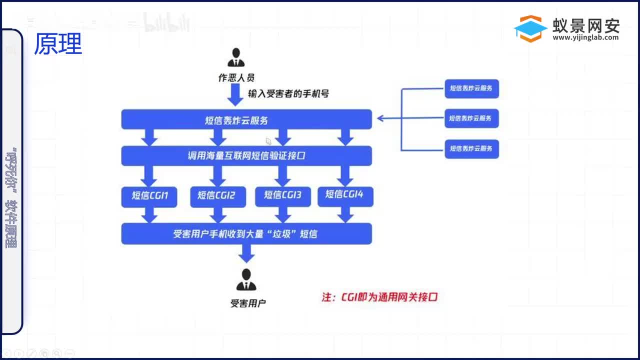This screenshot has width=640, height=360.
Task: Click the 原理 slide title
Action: click(58, 44)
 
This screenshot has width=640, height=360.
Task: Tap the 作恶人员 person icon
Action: click(236, 58)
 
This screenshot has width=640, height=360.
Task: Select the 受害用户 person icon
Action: click(246, 280)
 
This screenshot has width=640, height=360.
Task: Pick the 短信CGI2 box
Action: click(216, 195)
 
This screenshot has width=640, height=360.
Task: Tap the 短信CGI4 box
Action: click(345, 194)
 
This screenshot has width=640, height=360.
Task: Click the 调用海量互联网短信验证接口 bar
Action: click(246, 156)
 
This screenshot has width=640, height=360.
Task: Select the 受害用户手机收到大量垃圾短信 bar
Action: click(246, 233)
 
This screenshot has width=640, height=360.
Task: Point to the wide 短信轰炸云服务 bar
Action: click(246, 119)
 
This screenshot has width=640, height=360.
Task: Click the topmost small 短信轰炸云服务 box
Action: click(471, 88)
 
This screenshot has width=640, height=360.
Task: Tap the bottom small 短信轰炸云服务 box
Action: click(471, 148)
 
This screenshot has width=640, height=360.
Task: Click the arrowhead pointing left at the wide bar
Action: click(380, 118)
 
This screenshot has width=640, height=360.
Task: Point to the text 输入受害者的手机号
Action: click(288, 93)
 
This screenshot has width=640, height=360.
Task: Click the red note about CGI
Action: click(380, 297)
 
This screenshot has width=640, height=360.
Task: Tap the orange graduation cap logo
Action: click(530, 28)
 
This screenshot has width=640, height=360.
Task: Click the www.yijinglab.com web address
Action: click(585, 37)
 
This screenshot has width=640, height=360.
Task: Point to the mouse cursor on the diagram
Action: click(268, 141)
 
